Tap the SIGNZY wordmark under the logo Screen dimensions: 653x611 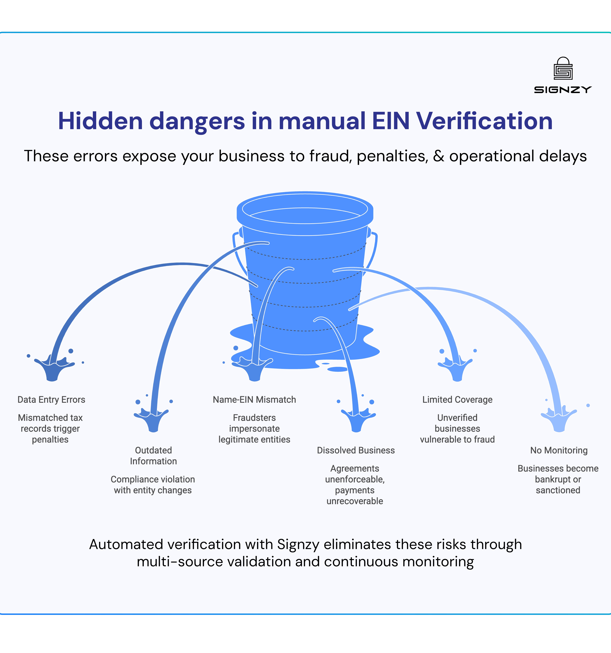563,90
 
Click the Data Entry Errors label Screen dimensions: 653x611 51,400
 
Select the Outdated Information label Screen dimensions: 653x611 153,456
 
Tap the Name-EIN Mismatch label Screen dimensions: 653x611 254,400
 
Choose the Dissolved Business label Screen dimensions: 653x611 356,450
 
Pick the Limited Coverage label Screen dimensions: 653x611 457,400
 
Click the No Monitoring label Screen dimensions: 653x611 559,450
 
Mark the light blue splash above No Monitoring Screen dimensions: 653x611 559,419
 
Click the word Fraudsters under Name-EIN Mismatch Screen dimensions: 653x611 254,418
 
